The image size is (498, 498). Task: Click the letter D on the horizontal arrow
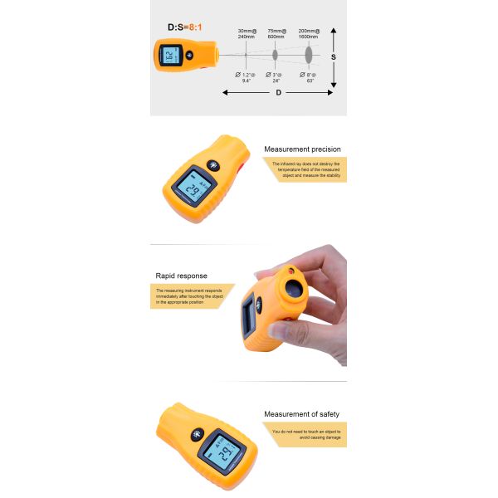coord(278,93)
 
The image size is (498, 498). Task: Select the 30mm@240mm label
coord(246,34)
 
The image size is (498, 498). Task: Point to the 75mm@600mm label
coord(277,34)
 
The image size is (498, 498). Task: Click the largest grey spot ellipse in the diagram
coord(308,55)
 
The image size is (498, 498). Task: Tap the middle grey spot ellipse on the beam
coord(276,55)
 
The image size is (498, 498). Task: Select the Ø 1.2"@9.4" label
coord(246,78)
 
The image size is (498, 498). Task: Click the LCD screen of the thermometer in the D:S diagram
coord(169,57)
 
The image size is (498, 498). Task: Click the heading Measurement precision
coord(302,149)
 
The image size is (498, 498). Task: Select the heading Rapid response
coord(182,276)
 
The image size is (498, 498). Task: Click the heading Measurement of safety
coord(301,414)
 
